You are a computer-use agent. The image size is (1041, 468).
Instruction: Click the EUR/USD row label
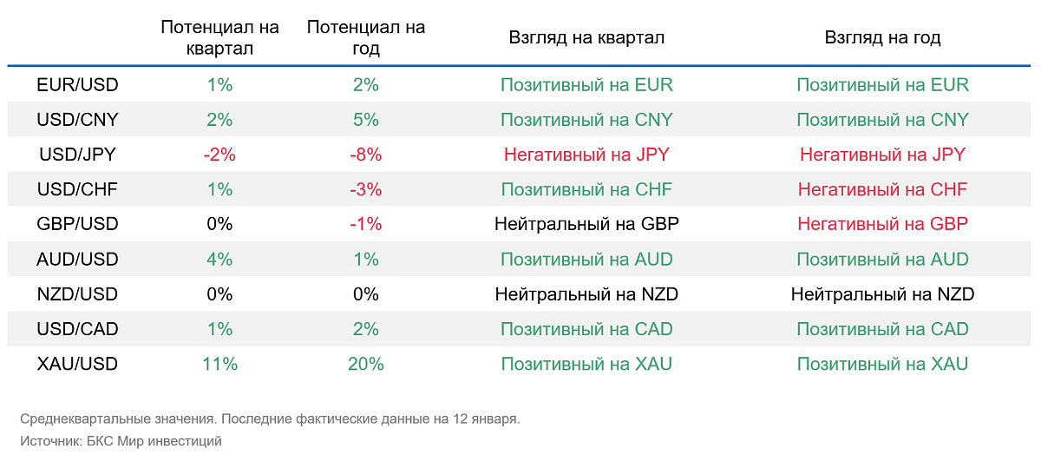click(77, 85)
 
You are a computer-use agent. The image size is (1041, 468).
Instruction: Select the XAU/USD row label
click(77, 364)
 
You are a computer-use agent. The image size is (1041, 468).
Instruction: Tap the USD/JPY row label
click(77, 155)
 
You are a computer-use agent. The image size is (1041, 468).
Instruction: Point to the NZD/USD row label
click(77, 294)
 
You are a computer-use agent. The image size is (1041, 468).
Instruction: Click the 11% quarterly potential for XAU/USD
click(219, 364)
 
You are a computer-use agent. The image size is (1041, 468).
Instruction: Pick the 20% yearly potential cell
click(366, 364)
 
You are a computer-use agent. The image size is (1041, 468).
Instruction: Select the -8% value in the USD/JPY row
click(366, 155)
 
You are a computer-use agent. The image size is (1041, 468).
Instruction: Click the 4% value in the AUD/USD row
click(219, 260)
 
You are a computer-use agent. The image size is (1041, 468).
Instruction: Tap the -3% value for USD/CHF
click(366, 189)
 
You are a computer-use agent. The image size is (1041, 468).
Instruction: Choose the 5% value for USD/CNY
click(366, 120)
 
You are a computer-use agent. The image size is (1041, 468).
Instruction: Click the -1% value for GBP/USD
click(366, 224)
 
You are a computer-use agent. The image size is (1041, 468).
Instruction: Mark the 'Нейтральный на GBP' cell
click(586, 224)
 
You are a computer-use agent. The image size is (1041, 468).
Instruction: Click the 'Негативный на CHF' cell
click(882, 189)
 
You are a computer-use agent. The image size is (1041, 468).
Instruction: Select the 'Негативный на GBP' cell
click(882, 224)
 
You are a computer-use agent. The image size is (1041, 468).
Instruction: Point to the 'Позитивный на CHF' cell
click(586, 189)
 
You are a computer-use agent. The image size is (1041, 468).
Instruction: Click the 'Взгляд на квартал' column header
click(586, 38)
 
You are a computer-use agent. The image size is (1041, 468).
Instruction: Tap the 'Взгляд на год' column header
click(882, 38)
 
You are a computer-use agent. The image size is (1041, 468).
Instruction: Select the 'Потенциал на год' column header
click(366, 38)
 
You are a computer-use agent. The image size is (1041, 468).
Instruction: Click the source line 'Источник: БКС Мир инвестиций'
click(121, 441)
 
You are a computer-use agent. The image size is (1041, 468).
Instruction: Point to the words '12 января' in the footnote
click(487, 419)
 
